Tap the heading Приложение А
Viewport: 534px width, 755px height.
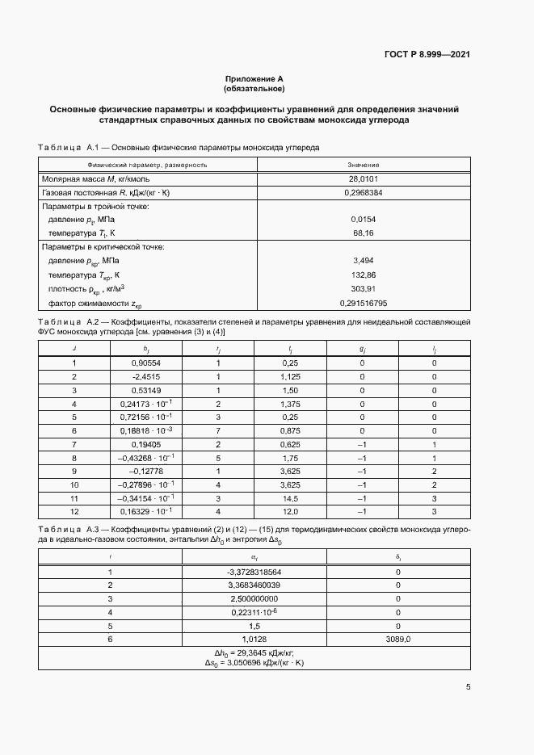254,79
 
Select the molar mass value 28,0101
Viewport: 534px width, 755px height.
364,178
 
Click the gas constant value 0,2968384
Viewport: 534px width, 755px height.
364,193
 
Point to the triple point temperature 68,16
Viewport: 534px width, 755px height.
364,233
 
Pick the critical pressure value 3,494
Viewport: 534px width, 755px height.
364,261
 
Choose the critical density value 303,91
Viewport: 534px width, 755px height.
364,289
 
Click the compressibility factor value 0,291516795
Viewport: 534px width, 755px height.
364,303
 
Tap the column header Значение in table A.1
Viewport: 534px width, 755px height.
364,164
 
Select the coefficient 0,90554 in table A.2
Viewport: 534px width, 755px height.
146,363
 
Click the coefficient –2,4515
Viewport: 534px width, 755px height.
146,376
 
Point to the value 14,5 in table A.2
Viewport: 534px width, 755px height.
290,498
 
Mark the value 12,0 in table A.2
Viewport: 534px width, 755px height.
290,512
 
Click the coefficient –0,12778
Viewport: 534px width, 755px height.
146,471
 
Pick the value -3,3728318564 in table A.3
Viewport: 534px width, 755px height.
253,572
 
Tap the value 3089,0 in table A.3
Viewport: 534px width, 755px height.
397,639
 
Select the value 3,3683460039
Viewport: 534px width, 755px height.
253,585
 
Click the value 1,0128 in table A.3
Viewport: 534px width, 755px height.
253,639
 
